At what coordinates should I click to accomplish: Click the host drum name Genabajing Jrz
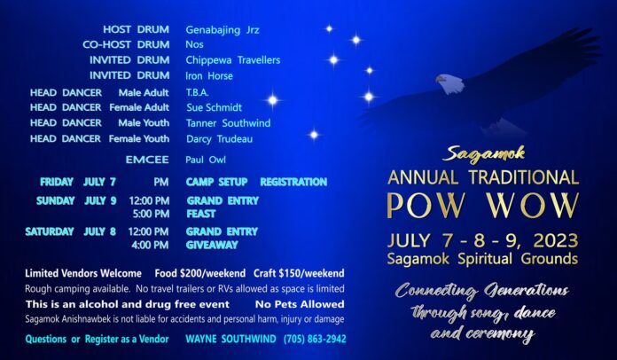click(223, 30)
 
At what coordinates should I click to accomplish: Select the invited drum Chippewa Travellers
click(233, 60)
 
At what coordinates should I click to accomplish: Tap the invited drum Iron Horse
click(209, 75)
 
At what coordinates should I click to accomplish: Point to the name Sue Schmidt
click(214, 107)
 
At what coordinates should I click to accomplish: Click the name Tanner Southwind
click(228, 123)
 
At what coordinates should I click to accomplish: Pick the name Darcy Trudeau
click(219, 139)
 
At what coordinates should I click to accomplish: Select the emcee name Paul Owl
click(206, 160)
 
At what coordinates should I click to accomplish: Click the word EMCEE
click(147, 160)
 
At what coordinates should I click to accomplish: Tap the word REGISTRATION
click(293, 182)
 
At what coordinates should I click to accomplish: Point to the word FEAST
click(201, 214)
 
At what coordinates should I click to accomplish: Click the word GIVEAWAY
click(212, 245)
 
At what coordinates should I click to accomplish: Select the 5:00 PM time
click(151, 214)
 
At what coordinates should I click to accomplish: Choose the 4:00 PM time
click(150, 245)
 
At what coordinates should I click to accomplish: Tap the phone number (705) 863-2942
click(315, 339)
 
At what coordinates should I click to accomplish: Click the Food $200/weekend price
click(199, 273)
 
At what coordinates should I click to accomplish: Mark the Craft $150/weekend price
click(299, 273)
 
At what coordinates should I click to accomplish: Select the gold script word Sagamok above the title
click(484, 153)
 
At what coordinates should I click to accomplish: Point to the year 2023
click(556, 240)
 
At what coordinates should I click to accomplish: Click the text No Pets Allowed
click(300, 304)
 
